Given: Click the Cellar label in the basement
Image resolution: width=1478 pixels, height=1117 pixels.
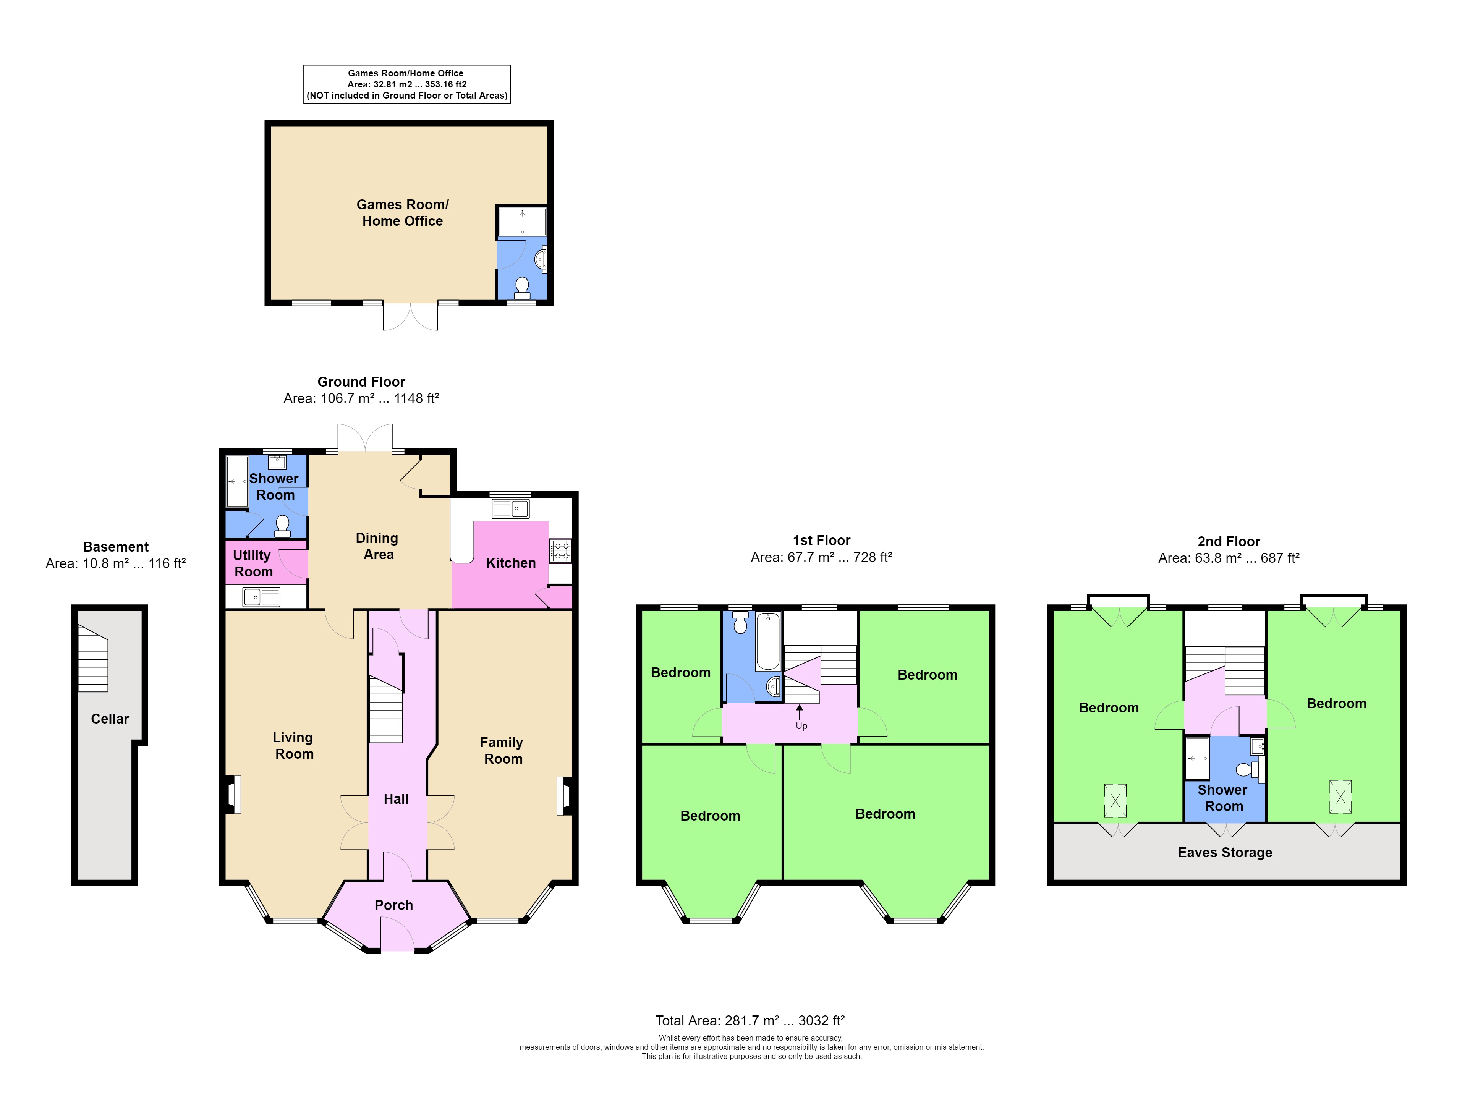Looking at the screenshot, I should [110, 719].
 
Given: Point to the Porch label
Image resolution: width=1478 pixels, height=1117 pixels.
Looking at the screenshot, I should [393, 905].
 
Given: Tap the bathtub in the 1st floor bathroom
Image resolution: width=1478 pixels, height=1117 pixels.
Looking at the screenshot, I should [768, 641].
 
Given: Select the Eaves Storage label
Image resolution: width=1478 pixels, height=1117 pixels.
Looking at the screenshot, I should [1225, 852].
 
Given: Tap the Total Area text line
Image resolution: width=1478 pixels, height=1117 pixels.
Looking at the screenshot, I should [750, 1021].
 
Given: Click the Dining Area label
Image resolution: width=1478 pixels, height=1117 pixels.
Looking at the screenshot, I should [377, 547].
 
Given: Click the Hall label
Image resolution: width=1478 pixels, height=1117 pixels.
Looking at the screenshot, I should [395, 799].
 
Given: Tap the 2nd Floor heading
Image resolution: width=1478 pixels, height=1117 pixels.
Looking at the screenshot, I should [1228, 542].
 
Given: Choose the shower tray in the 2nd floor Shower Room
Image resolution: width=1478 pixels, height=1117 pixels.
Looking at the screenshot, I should [1197, 758].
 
